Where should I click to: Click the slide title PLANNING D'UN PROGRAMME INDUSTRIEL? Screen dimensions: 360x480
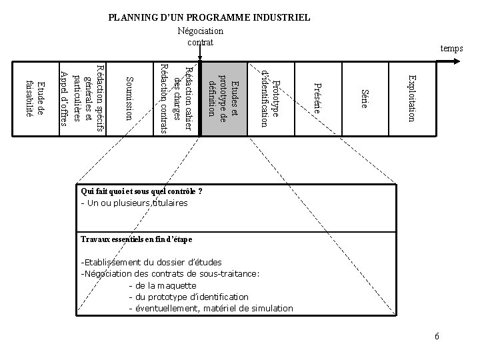(x=209, y=17)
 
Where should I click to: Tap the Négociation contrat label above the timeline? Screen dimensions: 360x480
(x=201, y=37)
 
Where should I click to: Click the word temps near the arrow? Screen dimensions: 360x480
(x=451, y=48)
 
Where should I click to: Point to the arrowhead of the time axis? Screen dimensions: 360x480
(x=457, y=61)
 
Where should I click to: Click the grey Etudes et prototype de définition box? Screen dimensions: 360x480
(x=223, y=98)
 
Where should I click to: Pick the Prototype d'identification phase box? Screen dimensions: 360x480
(x=271, y=98)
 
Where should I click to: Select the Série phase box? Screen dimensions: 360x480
(x=363, y=98)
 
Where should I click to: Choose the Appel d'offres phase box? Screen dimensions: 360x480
(x=81, y=98)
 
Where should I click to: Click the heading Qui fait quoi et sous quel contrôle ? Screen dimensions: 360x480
(x=141, y=191)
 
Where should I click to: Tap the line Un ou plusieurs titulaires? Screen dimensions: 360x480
(x=135, y=203)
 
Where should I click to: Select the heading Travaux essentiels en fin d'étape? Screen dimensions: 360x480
(x=136, y=239)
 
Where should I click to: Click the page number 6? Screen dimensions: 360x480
(x=437, y=335)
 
